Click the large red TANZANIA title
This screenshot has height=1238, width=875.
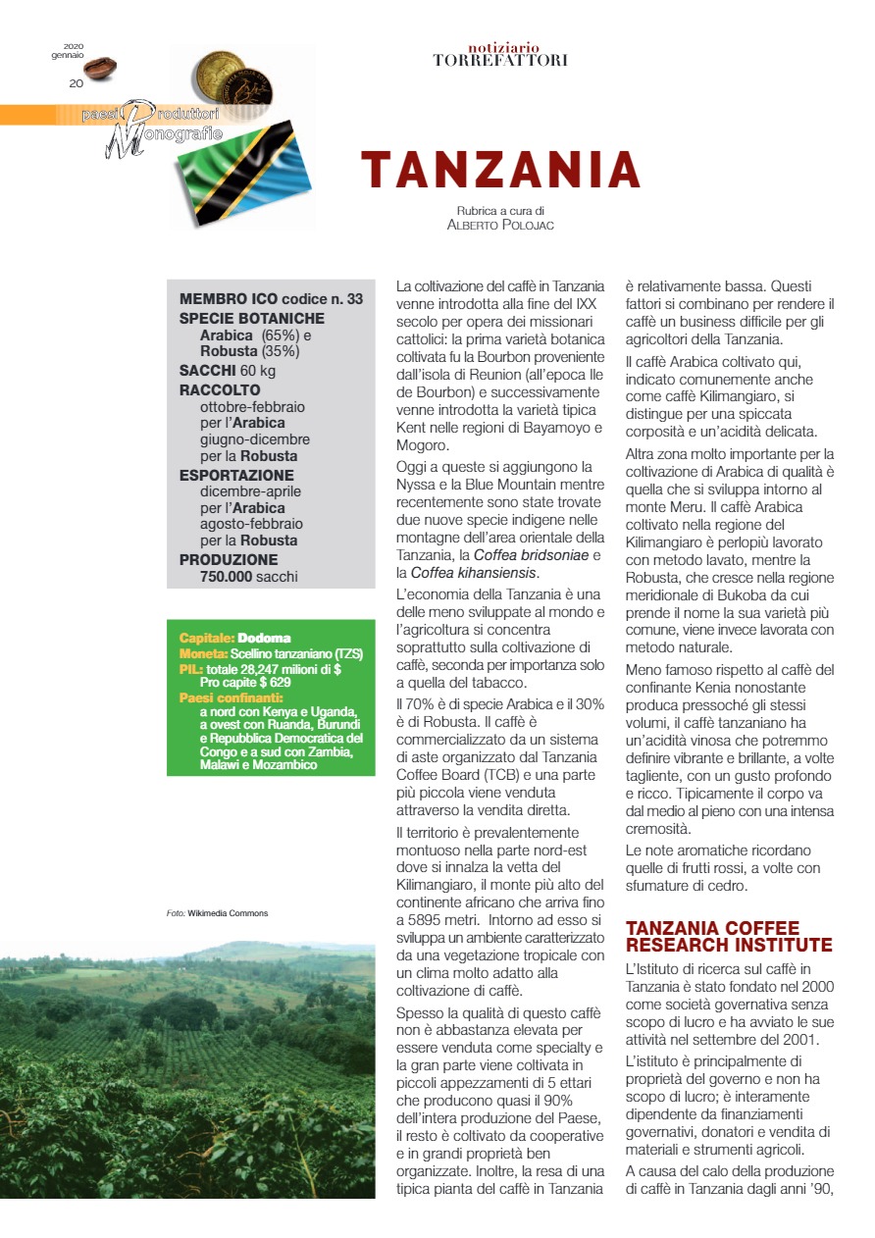click(x=500, y=170)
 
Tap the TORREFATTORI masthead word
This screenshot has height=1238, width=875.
click(x=500, y=60)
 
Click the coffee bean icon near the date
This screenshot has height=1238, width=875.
click(x=99, y=67)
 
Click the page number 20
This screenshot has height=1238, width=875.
click(x=76, y=83)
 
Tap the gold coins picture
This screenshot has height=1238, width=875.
click(x=232, y=79)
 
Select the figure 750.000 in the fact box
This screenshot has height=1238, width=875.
click(x=226, y=576)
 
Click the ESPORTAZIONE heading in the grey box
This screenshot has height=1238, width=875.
click(x=236, y=475)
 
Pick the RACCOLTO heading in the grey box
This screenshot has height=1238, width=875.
click(x=220, y=389)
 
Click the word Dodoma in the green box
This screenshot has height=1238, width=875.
click(x=264, y=639)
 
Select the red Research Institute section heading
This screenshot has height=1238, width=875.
click(x=729, y=936)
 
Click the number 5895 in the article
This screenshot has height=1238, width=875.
click(x=417, y=921)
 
